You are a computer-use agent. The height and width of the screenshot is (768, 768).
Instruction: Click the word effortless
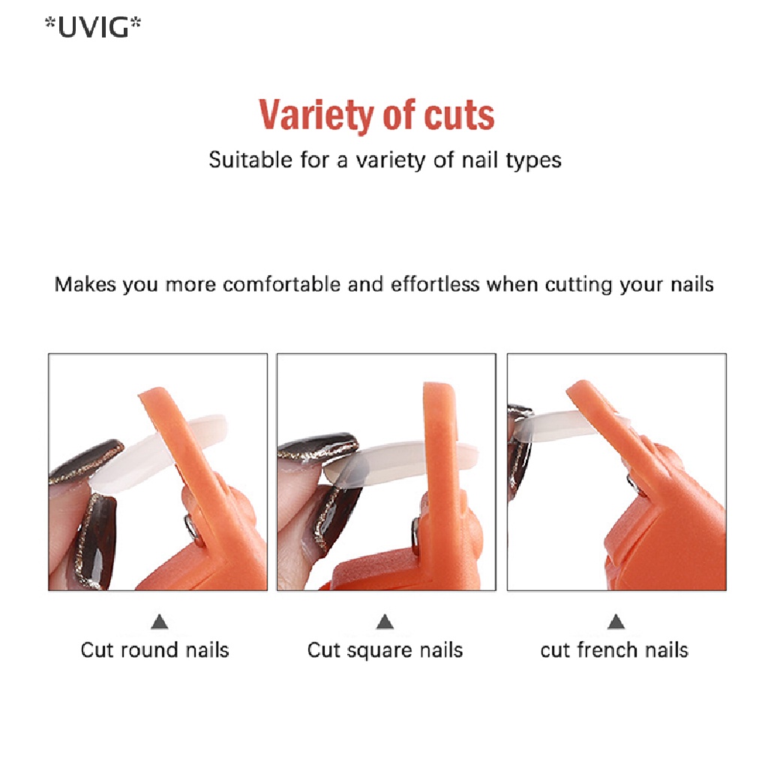tap(435, 285)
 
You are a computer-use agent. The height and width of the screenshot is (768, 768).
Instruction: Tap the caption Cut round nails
tap(154, 649)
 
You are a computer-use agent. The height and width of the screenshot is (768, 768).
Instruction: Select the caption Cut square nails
tap(385, 649)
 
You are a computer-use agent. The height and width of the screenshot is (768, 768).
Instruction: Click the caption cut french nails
tap(614, 649)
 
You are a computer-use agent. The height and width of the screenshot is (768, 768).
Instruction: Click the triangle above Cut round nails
tap(159, 622)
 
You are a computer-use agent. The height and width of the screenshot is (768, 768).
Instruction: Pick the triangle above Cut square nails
tap(385, 622)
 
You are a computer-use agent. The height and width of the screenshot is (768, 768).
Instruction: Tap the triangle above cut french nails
tap(616, 622)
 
